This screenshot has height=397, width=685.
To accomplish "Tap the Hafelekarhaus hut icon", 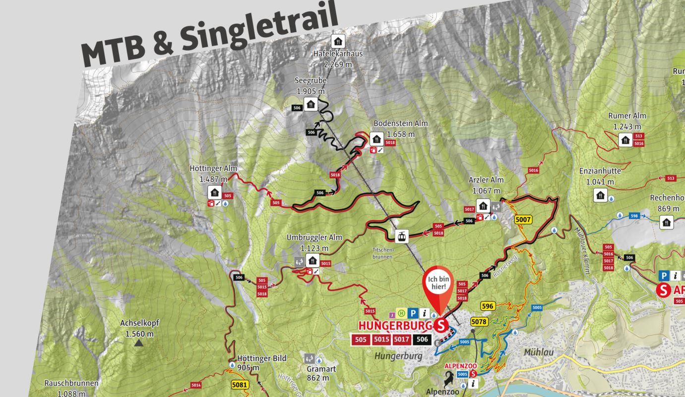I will pyautogui.click(x=338, y=41).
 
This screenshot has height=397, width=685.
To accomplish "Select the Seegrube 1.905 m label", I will pyautogui.click(x=311, y=86).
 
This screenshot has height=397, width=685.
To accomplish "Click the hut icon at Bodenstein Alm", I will pyautogui.click(x=376, y=139).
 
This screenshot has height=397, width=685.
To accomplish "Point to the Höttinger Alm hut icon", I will pyautogui.click(x=215, y=192).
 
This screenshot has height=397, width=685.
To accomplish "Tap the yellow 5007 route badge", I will pyautogui.click(x=523, y=219).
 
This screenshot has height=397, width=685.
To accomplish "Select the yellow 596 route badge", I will pyautogui.click(x=488, y=306).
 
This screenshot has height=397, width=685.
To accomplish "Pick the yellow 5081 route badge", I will pyautogui.click(x=239, y=384).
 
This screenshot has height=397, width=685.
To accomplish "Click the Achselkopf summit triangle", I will pyautogui.click(x=139, y=342).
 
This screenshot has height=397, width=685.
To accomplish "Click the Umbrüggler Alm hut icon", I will pyautogui.click(x=312, y=260).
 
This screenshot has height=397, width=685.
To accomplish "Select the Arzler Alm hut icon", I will pyautogui.click(x=483, y=205).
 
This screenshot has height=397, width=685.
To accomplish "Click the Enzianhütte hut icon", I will pyautogui.click(x=601, y=195).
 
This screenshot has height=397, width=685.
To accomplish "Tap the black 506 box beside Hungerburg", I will pyautogui.click(x=423, y=340).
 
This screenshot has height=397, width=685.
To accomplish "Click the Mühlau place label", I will pyautogui.click(x=538, y=352).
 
